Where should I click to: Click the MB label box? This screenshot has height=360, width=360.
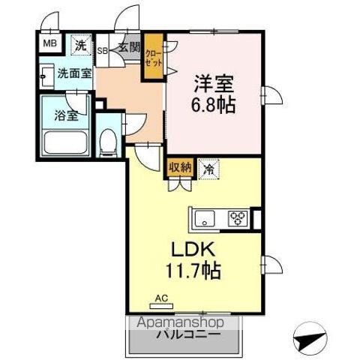[49, 43]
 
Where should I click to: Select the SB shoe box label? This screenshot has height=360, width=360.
[103, 49]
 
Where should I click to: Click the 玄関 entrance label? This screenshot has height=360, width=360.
[129, 48]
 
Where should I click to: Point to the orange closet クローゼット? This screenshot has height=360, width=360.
[154, 58]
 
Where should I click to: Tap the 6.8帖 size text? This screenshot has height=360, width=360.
[213, 104]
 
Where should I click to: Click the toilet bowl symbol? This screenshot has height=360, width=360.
[108, 139]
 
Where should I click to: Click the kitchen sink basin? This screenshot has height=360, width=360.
[205, 219]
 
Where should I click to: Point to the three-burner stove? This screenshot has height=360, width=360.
[238, 219]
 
